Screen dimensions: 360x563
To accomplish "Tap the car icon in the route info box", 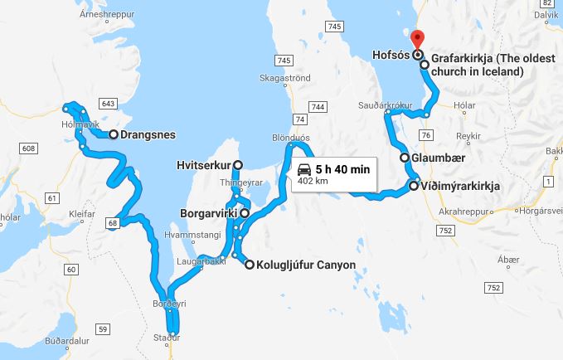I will coord(303,168).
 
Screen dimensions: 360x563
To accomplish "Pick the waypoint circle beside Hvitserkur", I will coord(238,164).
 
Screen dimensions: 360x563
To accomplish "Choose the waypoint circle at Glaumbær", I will coord(405,158).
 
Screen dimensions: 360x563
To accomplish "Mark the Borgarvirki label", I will coord(208,212).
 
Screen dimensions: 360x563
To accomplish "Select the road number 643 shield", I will coord(106,104).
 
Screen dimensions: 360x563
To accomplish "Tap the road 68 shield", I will coord(113,221).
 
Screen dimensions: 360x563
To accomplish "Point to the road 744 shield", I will coord(317,107).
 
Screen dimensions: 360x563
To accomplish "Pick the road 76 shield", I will coord(425,134).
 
